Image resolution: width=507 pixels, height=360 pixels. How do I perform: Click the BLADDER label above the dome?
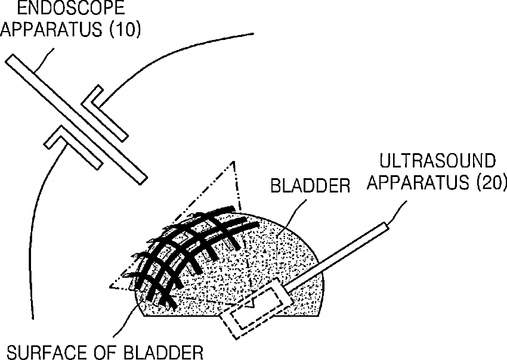pyautogui.click(x=310, y=186)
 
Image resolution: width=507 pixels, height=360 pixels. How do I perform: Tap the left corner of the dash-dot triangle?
pyautogui.click(x=111, y=287)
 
